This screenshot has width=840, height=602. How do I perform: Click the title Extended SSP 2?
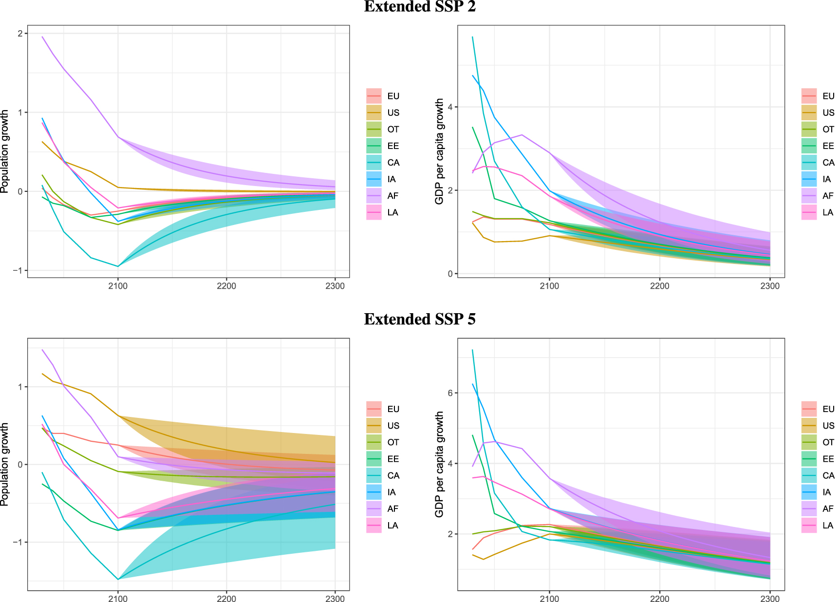[x=419, y=7]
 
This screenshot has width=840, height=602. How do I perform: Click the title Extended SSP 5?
[x=419, y=320]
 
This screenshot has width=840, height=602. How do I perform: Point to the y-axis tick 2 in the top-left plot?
[x=20, y=34]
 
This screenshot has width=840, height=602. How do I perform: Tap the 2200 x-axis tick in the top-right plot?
[x=659, y=286]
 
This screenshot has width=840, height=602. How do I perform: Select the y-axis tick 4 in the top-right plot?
[x=450, y=107]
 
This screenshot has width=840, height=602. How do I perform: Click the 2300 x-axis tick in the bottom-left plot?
[x=335, y=599]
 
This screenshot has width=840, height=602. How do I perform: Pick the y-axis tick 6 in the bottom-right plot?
[x=450, y=393]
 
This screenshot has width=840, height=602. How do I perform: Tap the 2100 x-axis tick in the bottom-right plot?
[x=549, y=599]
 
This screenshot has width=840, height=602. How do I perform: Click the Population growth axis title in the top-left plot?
[x=5, y=151]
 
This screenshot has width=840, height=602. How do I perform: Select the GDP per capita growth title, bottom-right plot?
[x=439, y=464]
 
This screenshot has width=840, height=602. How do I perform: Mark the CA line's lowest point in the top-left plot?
[x=117, y=266]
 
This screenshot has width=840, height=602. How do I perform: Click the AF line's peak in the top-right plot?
[x=522, y=135]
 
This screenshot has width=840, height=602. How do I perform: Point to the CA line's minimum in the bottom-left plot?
[x=117, y=579]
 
